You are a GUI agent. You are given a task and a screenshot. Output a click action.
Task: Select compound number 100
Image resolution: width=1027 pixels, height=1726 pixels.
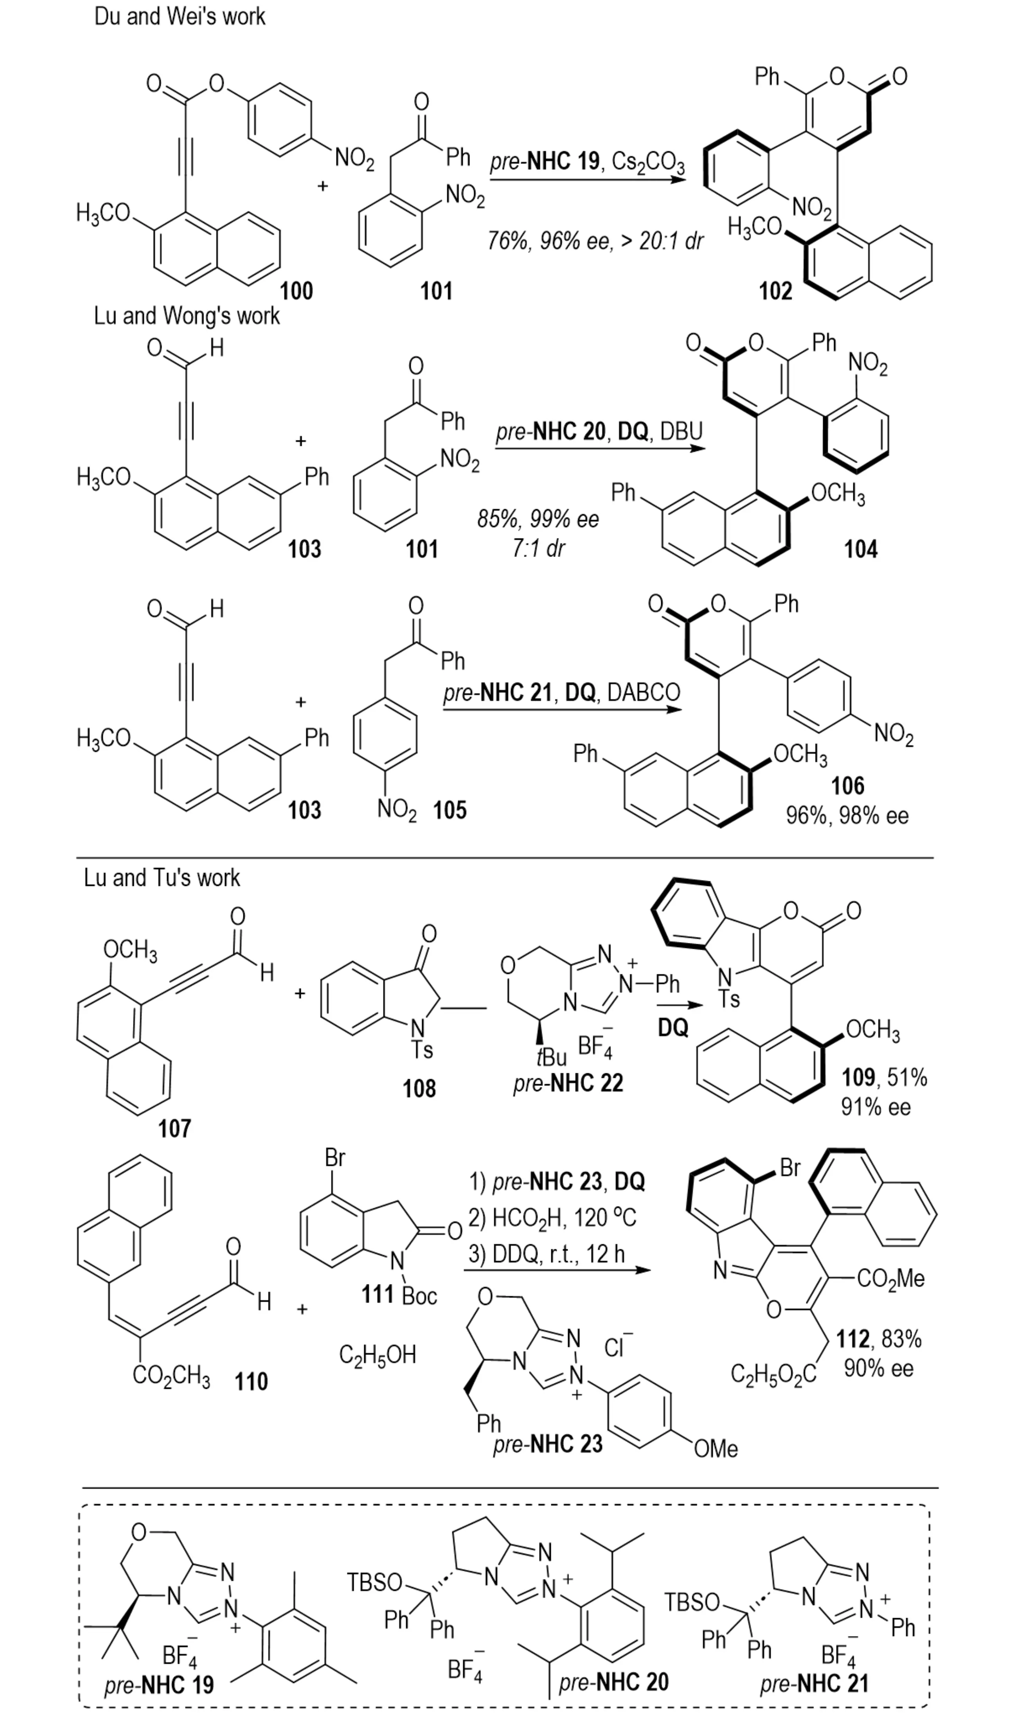pyautogui.click(x=296, y=291)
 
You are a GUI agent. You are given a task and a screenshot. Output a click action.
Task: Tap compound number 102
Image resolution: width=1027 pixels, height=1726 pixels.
pyautogui.click(x=775, y=291)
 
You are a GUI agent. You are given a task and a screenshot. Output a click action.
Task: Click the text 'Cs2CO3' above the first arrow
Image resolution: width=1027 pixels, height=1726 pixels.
pyautogui.click(x=648, y=163)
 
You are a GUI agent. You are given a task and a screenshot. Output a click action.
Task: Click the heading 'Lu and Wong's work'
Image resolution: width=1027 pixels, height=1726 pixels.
pyautogui.click(x=187, y=316)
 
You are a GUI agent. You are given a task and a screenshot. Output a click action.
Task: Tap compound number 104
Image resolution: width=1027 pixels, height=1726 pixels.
pyautogui.click(x=860, y=549)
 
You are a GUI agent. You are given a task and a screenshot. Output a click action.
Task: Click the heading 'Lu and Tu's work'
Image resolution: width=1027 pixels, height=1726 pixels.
pyautogui.click(x=162, y=878)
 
